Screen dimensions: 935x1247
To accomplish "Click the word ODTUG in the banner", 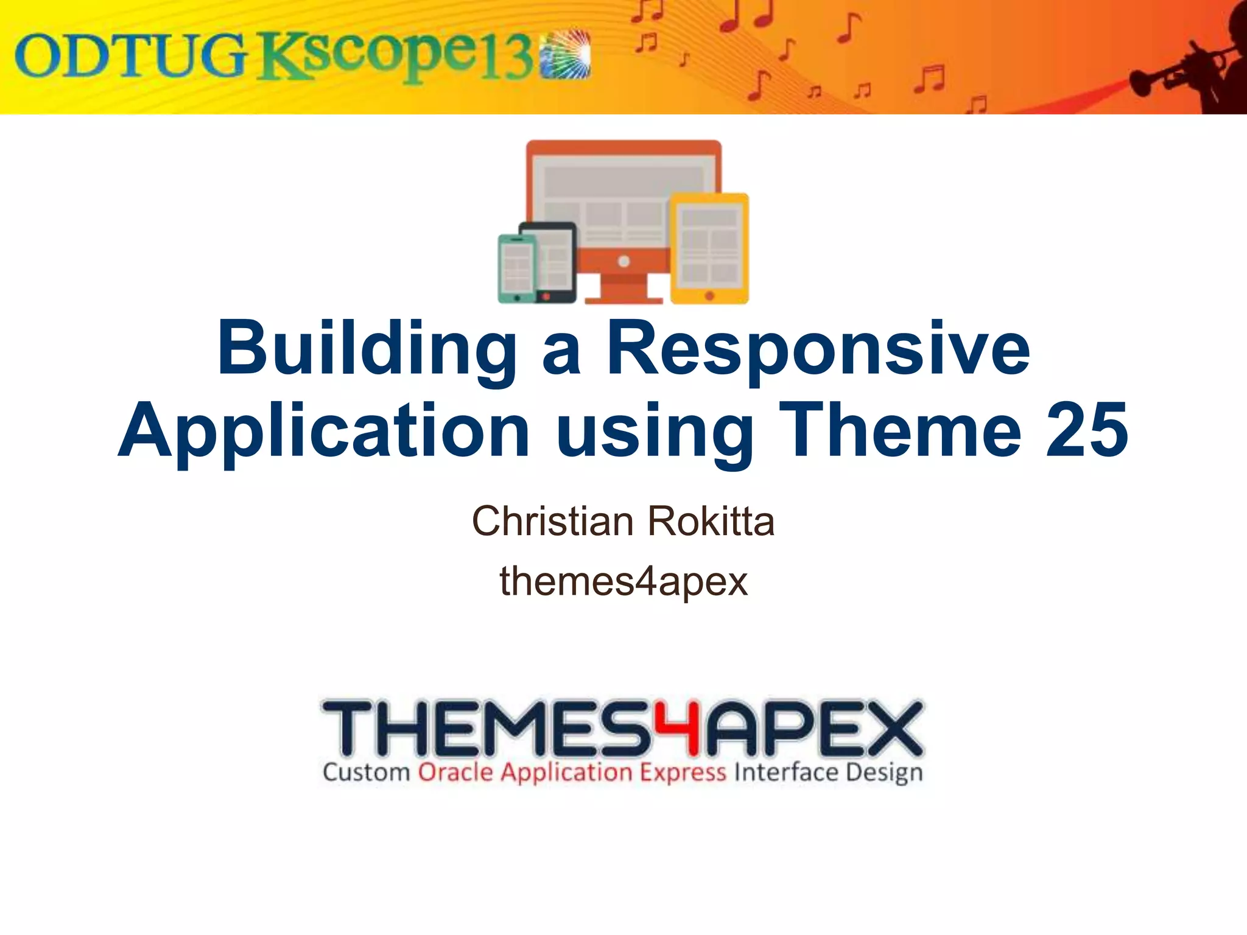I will point(131,56).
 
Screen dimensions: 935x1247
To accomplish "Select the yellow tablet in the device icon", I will point(709,248).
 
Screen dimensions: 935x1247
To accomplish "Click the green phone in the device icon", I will point(516,268).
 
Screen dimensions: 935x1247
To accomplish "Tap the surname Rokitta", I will point(711,522).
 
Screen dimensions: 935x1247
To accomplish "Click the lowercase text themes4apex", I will point(623,581).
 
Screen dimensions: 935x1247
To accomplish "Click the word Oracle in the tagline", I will point(455,772).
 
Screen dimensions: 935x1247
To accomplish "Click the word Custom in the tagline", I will point(366,772).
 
